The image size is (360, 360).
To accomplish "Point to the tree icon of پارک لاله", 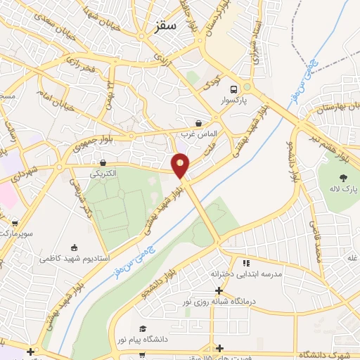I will (x=344, y=178).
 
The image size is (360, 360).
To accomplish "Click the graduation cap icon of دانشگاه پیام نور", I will (x=142, y=329).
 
